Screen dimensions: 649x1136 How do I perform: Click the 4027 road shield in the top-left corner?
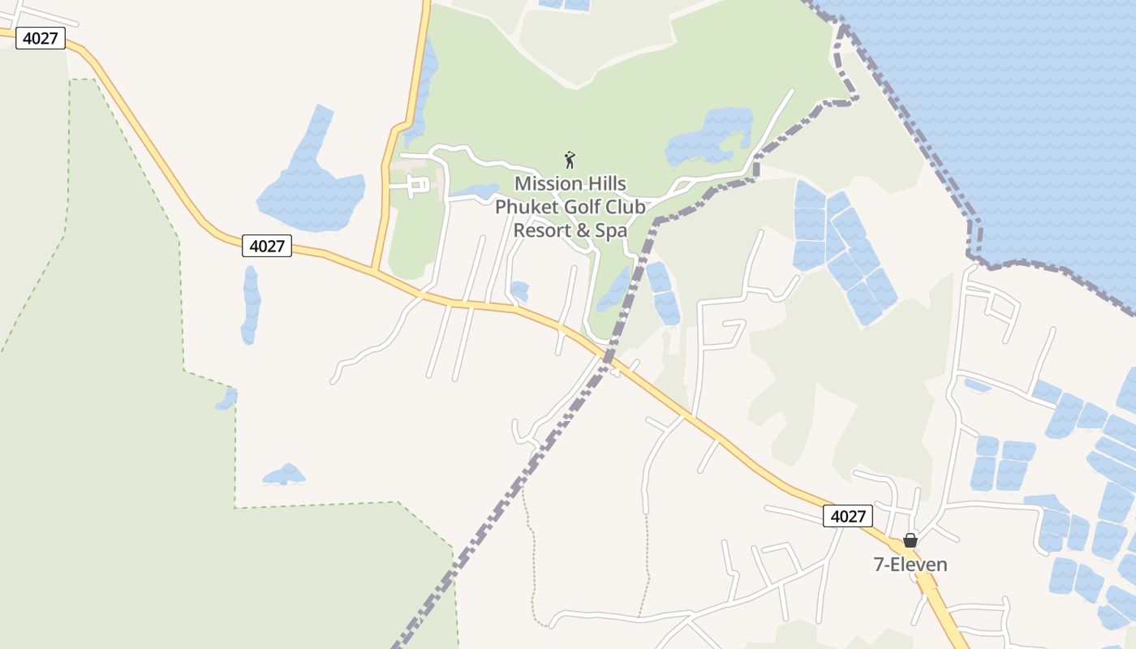(41, 38)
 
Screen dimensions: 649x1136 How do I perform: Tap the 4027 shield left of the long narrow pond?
(267, 246)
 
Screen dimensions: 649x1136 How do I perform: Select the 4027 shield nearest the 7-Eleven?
(848, 516)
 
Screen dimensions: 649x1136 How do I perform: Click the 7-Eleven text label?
(910, 565)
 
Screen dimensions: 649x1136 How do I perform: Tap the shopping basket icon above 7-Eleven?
(910, 540)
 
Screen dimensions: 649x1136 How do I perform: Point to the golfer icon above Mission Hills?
(570, 159)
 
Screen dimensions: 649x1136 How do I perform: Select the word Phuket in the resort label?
(524, 207)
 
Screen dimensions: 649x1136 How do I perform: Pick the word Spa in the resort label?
(611, 230)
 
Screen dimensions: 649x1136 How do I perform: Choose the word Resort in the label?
(541, 230)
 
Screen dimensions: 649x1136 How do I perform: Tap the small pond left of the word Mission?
(476, 192)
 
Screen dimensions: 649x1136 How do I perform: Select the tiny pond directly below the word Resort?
(519, 290)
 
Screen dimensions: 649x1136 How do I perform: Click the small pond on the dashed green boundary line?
(227, 399)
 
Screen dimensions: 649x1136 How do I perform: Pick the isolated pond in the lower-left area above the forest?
(284, 475)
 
